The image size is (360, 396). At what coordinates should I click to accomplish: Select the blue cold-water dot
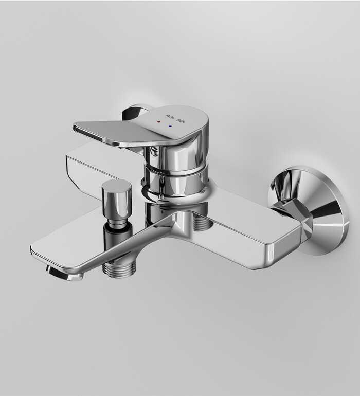point(171,124)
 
